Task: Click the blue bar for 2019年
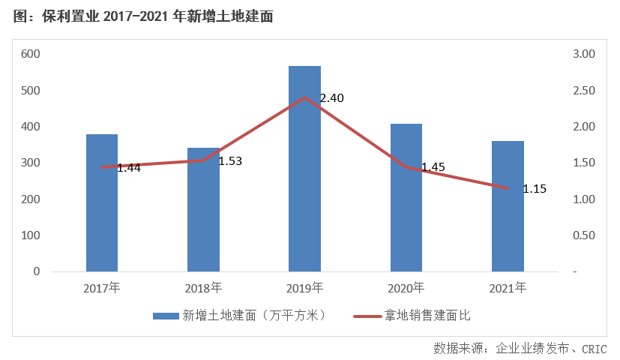pos(304,169)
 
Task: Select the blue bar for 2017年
pos(102,202)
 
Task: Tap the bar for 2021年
pos(508,206)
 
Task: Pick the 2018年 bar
pos(203,209)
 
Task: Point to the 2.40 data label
pos(331,98)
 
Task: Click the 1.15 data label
pos(535,189)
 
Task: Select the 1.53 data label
pos(230,161)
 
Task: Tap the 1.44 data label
pos(129,168)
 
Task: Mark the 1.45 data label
pos(433,167)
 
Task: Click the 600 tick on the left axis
pos(31,54)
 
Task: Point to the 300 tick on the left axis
pos(31,163)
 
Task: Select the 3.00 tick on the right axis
pos(583,54)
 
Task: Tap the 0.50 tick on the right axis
pos(583,235)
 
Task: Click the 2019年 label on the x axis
pos(304,287)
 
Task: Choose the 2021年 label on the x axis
pos(508,287)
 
